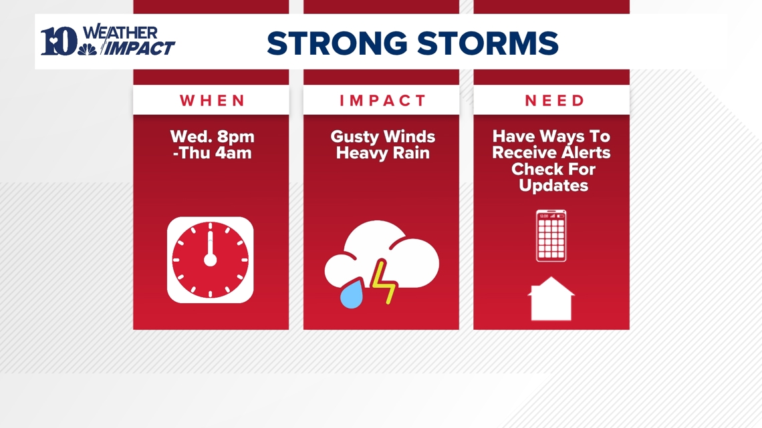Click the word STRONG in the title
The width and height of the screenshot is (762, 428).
click(x=336, y=43)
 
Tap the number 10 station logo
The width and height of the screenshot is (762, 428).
click(x=58, y=42)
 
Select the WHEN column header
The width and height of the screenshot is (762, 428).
click(x=213, y=101)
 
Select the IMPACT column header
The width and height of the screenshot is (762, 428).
click(x=382, y=101)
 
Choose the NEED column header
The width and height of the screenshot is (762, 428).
click(x=554, y=101)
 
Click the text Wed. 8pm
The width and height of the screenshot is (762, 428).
click(x=212, y=137)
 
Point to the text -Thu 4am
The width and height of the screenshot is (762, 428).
click(x=212, y=153)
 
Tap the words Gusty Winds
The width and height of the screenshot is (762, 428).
click(x=382, y=137)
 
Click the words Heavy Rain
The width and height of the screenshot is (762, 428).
click(x=382, y=153)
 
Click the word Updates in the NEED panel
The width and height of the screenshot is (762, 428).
click(x=553, y=186)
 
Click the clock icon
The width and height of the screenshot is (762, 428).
click(x=211, y=260)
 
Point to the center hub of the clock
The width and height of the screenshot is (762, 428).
click(x=211, y=260)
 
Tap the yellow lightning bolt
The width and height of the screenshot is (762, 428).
click(x=384, y=282)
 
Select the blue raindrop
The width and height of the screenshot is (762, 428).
click(x=352, y=294)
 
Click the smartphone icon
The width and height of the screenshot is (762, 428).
click(x=551, y=236)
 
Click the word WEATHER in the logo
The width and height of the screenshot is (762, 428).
click(x=121, y=33)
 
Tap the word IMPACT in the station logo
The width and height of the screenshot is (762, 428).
click(x=141, y=49)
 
